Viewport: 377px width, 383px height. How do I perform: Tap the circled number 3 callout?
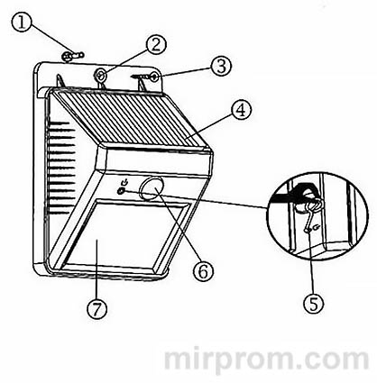218,66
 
